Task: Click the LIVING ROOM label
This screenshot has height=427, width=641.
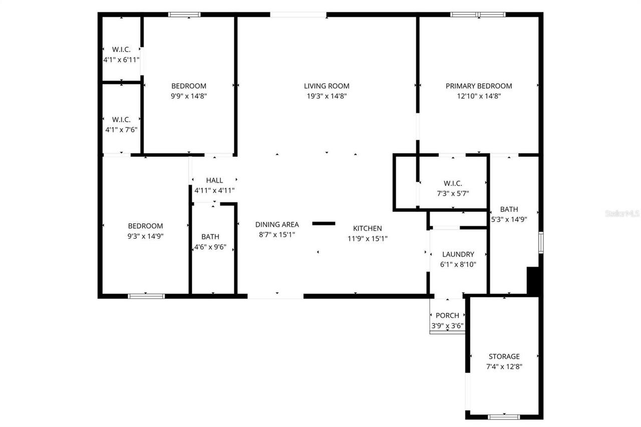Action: tap(327, 86)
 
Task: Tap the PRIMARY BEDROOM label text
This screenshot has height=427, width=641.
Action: tap(479, 86)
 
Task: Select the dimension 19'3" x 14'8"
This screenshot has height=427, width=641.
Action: tap(327, 96)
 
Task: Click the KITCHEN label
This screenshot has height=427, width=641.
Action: tap(368, 228)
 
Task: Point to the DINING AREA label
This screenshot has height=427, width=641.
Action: tap(277, 224)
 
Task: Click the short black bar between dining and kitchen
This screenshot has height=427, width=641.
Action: tap(324, 223)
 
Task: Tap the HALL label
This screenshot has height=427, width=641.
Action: tap(214, 180)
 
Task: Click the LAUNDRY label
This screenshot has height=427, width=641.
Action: tap(458, 254)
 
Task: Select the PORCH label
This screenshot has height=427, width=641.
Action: tap(447, 315)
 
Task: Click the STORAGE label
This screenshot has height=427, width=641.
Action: tap(504, 356)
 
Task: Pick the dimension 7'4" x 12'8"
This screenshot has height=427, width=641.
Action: tap(504, 366)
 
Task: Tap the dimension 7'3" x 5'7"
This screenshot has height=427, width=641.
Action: tap(452, 193)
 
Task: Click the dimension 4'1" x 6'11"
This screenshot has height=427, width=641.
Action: tap(121, 59)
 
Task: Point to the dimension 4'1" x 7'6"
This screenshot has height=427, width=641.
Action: tap(121, 129)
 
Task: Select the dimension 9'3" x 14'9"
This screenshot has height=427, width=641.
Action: tap(145, 236)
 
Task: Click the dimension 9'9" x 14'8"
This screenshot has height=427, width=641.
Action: tap(189, 96)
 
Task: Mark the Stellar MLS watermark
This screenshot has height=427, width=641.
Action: tap(622, 213)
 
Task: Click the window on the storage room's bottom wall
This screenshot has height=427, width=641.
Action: tap(504, 416)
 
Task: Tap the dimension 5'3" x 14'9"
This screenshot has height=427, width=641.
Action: tap(509, 219)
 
